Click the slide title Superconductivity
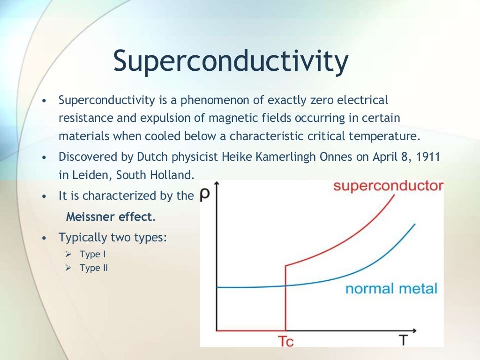231,62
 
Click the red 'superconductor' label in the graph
388,186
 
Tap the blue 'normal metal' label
391,288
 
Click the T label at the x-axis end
404,340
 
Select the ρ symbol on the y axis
204,195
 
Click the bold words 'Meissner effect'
109,217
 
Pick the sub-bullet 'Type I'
90,255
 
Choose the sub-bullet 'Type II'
90,268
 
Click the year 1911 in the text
428,157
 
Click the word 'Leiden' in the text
92,175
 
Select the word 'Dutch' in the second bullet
148,157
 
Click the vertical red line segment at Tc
285,300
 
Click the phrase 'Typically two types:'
112,237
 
